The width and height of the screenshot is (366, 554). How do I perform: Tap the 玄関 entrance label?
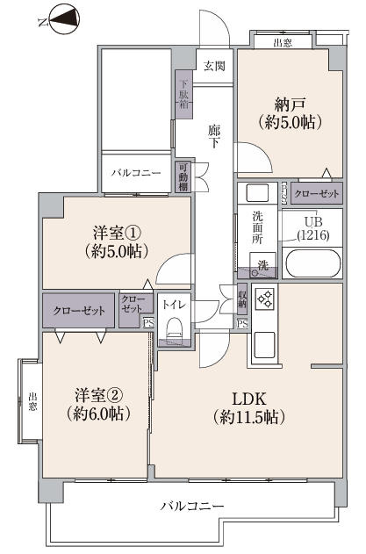[x=214, y=65]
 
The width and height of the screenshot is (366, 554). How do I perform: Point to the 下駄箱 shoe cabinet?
[x=184, y=93]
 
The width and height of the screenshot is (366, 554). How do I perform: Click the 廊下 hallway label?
[x=214, y=138]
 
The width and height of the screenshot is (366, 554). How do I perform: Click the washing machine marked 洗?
[x=264, y=264]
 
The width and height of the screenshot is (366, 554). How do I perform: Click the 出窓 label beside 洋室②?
[x=32, y=401]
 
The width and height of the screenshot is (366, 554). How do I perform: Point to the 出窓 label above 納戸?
[x=283, y=41]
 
